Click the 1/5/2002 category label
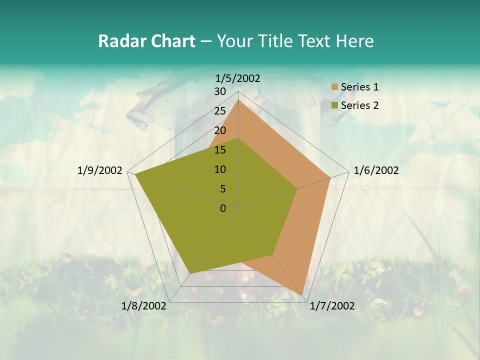[x=238, y=78]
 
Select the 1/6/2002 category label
[x=376, y=170]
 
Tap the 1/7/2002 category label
[x=332, y=306]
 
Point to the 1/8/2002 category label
[x=144, y=305]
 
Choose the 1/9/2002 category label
[x=100, y=170]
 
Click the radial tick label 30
[x=220, y=91]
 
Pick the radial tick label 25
[x=220, y=111]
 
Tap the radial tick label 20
[x=220, y=130]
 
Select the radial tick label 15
[x=220, y=150]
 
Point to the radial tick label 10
[x=220, y=169]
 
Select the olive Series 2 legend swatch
[x=334, y=105]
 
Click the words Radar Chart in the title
[x=146, y=41]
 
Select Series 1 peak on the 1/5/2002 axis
[x=238, y=100]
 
